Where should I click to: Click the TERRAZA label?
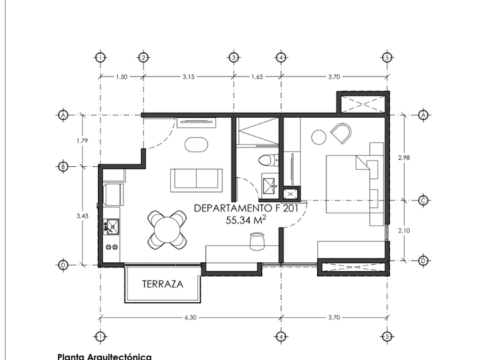coord(163,284)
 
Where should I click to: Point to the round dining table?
coord(167,229)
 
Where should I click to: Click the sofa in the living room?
coord(196,180)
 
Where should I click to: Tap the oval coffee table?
coord(197,144)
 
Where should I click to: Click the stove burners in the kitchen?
coord(111,247)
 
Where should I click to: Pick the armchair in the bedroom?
coord(342,133)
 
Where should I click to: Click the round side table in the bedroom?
coord(318,137)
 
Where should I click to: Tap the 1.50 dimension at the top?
coord(121,76)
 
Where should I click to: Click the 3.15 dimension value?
coord(189,76)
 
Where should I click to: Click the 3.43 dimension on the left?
coord(82,215)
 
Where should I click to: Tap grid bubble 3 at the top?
coord(233,57)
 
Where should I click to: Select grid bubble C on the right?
coord(423,201)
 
